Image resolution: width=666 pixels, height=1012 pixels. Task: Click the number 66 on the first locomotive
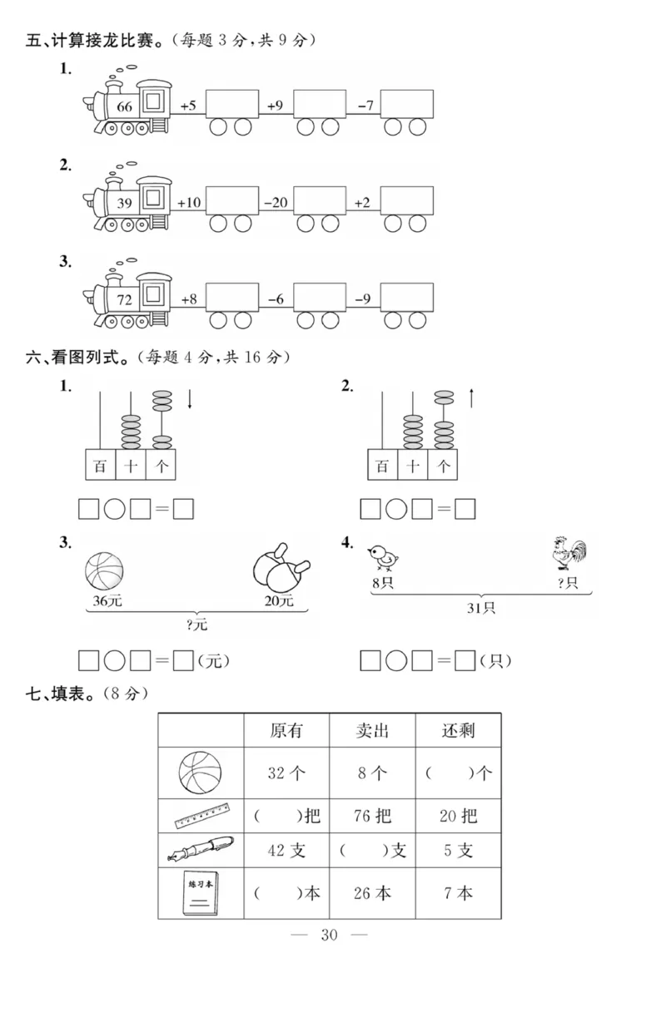click(125, 106)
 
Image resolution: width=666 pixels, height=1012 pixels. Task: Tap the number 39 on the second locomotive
click(125, 203)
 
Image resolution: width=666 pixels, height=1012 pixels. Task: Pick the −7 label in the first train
click(365, 106)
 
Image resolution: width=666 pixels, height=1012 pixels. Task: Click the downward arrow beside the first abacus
click(190, 399)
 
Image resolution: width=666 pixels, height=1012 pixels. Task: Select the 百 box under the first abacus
click(101, 466)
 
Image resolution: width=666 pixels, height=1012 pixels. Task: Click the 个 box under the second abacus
click(443, 466)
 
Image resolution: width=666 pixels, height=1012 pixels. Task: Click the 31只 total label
click(480, 609)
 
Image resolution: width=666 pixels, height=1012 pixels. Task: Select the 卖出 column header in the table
click(372, 731)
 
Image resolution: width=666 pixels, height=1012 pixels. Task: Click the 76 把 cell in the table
click(372, 816)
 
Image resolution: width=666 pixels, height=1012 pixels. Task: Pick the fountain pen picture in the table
click(201, 850)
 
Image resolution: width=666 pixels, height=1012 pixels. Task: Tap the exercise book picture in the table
click(200, 894)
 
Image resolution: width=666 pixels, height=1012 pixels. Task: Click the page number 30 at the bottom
click(329, 935)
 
